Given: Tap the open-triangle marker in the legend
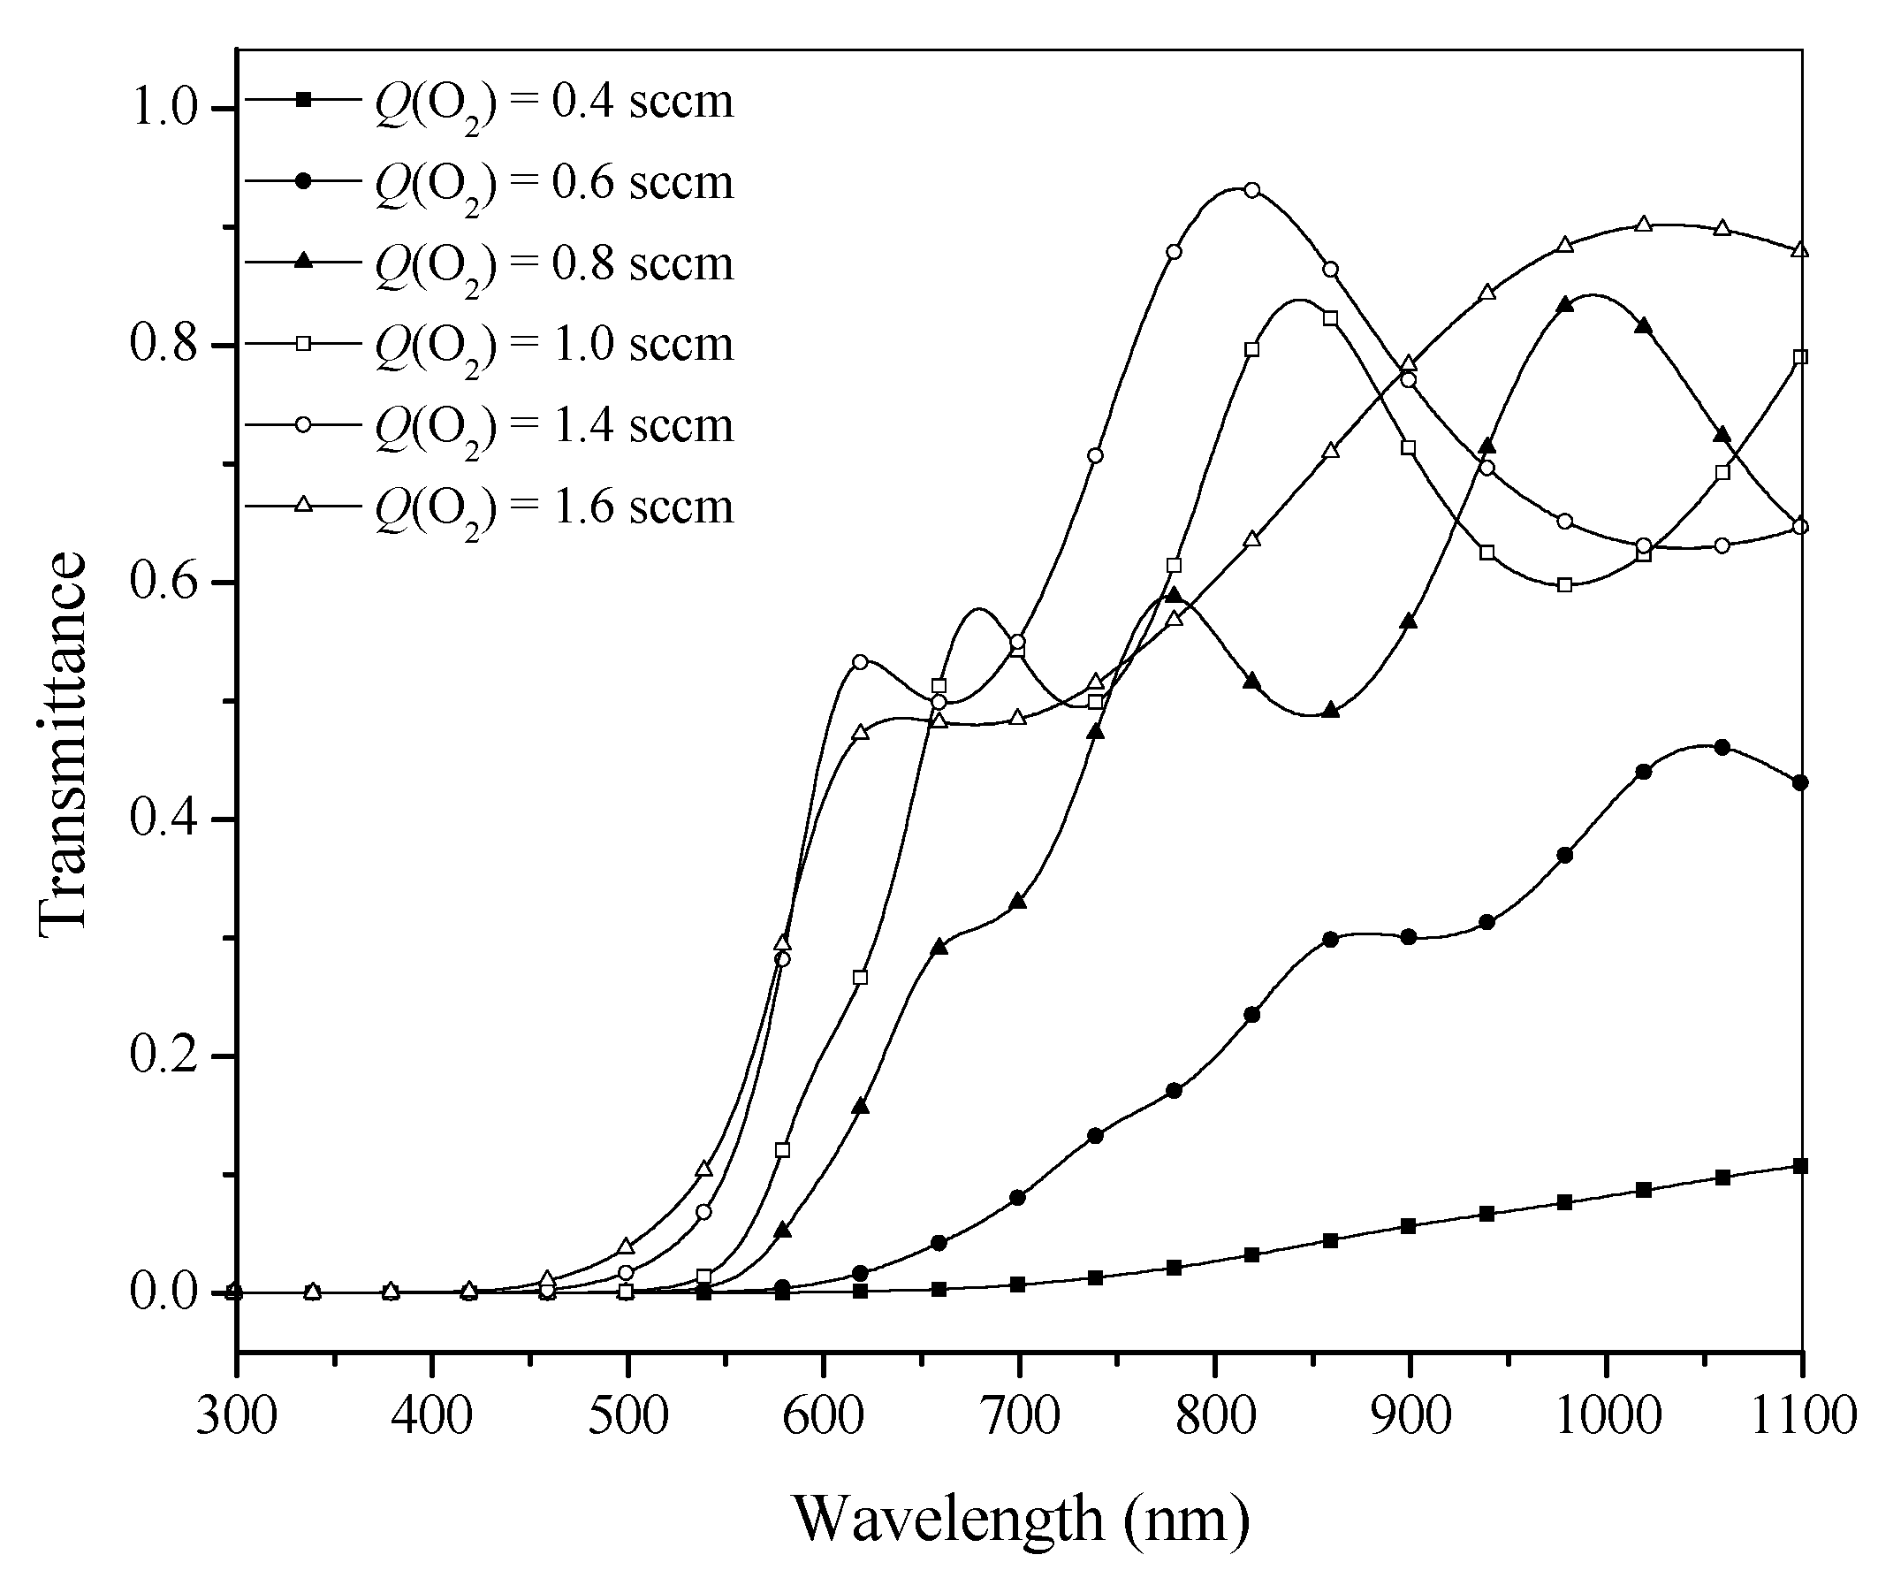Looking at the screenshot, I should coord(305,506).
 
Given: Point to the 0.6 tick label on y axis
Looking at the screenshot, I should coord(163,583).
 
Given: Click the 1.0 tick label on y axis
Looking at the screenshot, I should coord(163,110).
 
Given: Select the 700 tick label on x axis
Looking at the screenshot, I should coord(1019,1415).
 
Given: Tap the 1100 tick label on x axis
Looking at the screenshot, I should coord(1802,1415).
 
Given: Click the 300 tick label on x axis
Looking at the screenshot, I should coord(237,1415).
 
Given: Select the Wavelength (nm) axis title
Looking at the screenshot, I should coord(1021,1518).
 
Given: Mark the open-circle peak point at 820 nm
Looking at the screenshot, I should coord(1251,191).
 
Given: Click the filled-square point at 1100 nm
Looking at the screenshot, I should coord(1800,1166).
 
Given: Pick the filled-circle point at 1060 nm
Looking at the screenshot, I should coord(1722,748).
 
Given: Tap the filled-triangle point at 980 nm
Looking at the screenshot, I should coord(1566,305).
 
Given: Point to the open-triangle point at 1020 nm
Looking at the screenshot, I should coord(1643,223).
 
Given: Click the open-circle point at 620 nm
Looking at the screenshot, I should coord(860,662).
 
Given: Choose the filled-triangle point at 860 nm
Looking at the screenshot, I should coord(1330,711).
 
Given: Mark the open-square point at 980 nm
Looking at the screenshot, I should coord(1566,585).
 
